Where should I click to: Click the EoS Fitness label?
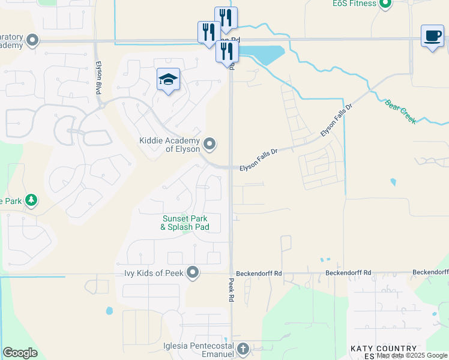354,4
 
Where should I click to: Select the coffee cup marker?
432,36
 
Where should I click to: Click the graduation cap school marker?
168,80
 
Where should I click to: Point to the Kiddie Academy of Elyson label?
169,145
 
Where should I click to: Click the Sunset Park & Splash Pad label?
185,223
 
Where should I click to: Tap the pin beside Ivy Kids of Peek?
193,273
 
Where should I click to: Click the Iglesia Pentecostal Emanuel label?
198,350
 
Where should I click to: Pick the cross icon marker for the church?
243,349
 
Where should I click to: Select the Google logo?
20,353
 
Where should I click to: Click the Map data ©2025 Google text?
412,356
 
